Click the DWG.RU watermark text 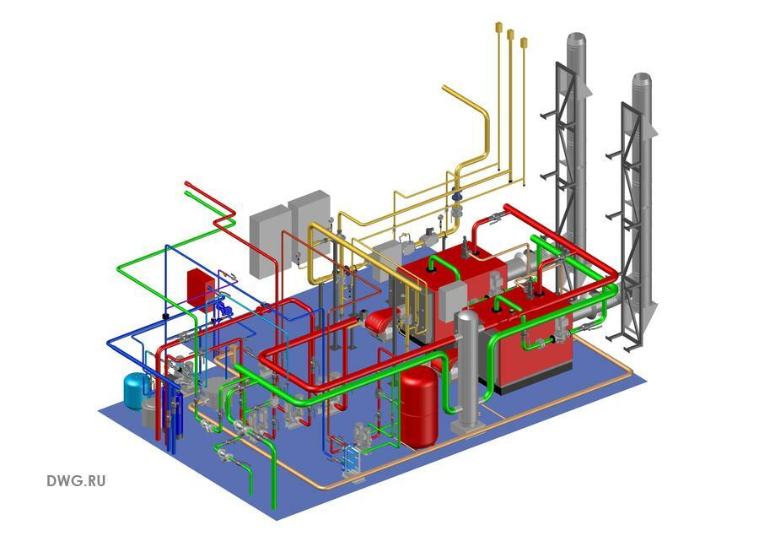pos(76,481)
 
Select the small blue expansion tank pos(135,390)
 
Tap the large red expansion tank pos(418,407)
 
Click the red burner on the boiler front pos(377,322)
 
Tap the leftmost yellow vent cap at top pos(498,27)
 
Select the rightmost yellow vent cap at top pos(524,42)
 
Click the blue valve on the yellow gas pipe pos(456,197)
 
